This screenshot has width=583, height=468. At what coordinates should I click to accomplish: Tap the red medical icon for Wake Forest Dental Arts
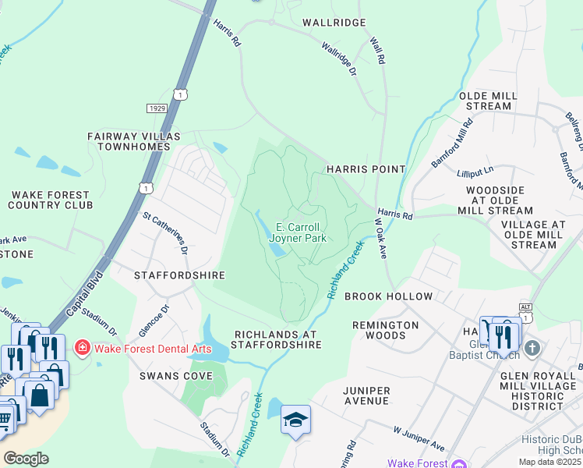pyautogui.click(x=81, y=347)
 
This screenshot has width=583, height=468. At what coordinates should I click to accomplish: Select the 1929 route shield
pyautogui.click(x=156, y=108)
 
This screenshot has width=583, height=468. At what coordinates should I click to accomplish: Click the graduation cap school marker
pyautogui.click(x=295, y=420)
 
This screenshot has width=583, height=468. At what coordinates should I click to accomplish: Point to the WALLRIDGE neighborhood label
pyautogui.click(x=334, y=23)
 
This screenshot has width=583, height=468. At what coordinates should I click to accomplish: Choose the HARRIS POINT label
pyautogui.click(x=366, y=169)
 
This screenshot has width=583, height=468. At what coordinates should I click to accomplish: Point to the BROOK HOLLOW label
pyautogui.click(x=388, y=296)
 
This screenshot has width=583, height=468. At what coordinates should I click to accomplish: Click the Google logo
pyautogui.click(x=26, y=459)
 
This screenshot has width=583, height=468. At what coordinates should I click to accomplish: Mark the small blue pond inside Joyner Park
pyautogui.click(x=276, y=250)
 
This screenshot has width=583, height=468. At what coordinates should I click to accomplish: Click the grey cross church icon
pyautogui.click(x=532, y=348)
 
